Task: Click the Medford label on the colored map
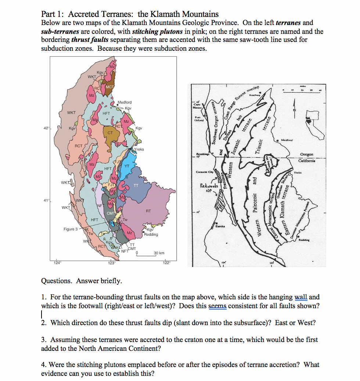click(x=125, y=102)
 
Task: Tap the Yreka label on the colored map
click(x=139, y=149)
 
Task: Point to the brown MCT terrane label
click(x=110, y=87)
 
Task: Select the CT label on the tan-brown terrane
click(x=110, y=132)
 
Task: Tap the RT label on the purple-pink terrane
click(x=148, y=211)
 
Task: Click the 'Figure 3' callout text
click(x=71, y=229)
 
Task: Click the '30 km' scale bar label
click(x=159, y=253)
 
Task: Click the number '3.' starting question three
click(x=44, y=340)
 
